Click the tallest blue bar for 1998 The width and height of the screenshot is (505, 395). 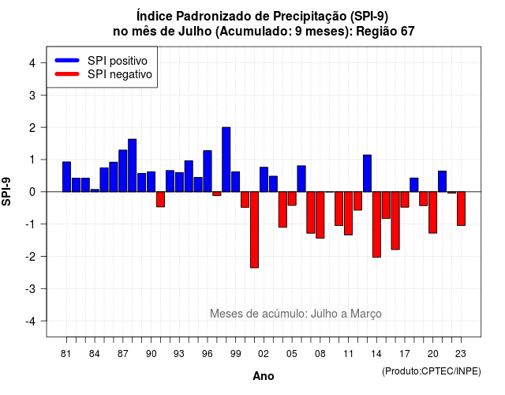pos(226,160)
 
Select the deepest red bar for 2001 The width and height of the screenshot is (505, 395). pos(254,230)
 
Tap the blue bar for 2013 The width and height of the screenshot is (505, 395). pos(367,173)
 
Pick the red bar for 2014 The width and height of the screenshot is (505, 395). pos(376,224)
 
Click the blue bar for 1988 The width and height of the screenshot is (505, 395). pos(132,165)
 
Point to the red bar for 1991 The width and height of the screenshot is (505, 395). pos(160,199)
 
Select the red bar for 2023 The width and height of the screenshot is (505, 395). pos(461,209)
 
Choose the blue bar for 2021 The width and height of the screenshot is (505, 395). pos(442,181)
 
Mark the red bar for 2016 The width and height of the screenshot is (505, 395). pos(395,220)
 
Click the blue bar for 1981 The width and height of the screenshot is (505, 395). pos(66,177)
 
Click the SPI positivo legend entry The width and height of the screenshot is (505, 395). pos(101,61)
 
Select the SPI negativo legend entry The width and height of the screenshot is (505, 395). pos(103,74)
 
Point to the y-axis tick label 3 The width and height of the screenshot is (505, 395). pos(32,95)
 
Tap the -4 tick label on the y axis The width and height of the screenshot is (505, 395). pos(30,322)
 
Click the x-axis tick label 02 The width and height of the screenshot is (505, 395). pos(263,354)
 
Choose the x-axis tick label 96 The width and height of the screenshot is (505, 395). pos(207,354)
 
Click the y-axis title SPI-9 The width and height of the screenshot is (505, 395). pos(6,191)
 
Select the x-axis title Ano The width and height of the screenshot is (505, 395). pos(264,376)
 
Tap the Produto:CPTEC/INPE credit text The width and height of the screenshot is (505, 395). pos(432,371)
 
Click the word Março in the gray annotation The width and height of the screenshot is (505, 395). pos(366,314)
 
